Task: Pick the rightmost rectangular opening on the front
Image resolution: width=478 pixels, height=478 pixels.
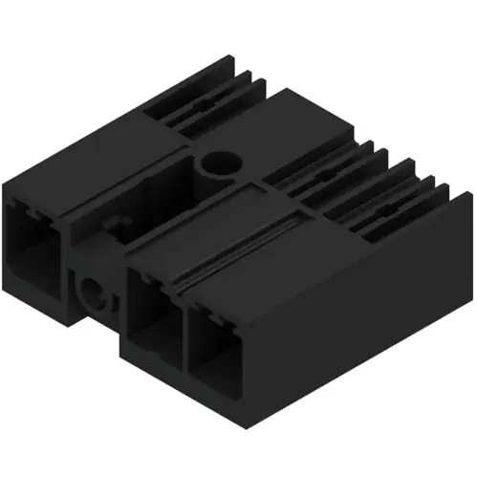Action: pyautogui.click(x=215, y=344)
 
